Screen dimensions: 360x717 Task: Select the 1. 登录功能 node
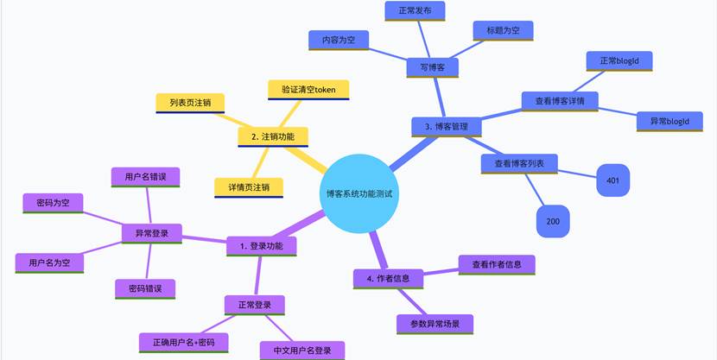(261, 246)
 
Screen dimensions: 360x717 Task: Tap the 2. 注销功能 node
(272, 136)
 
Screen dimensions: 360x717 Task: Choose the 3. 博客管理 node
(446, 126)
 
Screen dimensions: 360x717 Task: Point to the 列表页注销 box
(190, 103)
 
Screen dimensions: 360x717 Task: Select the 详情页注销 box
(249, 186)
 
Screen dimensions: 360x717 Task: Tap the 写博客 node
(432, 66)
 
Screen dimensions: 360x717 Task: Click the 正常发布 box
(421, 10)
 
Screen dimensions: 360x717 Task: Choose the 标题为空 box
(503, 30)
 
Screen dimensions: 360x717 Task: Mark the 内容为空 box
(339, 40)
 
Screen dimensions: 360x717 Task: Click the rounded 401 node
(613, 180)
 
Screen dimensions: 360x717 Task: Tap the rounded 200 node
(553, 221)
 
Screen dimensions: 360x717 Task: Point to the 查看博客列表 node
(518, 163)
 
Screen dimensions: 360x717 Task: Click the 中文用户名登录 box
(302, 351)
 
